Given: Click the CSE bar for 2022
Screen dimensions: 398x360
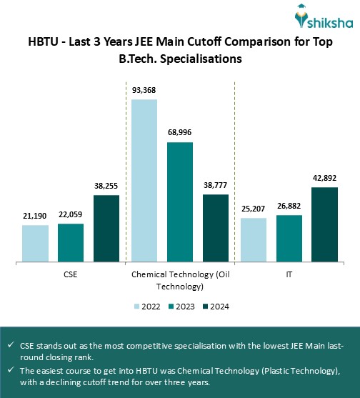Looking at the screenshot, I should click(x=35, y=243).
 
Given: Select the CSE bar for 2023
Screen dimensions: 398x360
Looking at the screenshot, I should click(x=71, y=242).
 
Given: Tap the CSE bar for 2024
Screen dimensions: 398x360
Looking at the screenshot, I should click(x=106, y=228).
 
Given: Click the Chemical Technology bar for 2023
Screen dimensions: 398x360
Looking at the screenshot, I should click(x=180, y=202).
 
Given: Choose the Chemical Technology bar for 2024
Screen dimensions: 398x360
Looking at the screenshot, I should click(x=216, y=227).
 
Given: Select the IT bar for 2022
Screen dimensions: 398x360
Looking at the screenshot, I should click(x=253, y=239).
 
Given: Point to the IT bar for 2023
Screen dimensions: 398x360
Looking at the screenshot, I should click(x=289, y=238).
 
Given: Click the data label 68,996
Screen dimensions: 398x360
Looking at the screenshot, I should click(x=180, y=132).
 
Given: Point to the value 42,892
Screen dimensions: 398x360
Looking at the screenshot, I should click(x=324, y=178).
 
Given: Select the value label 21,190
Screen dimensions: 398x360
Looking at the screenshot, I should click(x=35, y=215).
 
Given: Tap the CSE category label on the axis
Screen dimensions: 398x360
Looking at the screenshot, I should click(x=71, y=274).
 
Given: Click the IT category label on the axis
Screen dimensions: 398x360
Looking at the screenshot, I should click(x=289, y=274).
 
